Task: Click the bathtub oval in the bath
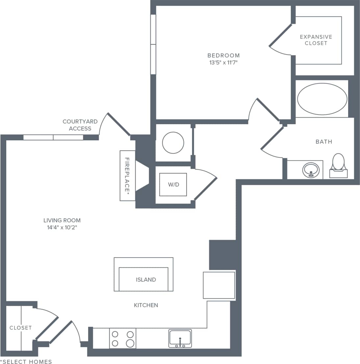(322, 98)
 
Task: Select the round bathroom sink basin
(311, 170)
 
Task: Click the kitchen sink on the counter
(180, 338)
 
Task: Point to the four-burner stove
(123, 338)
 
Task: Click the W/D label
(173, 184)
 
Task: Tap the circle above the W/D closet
(173, 143)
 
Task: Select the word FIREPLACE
(127, 175)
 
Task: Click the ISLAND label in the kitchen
(146, 280)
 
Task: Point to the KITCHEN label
(146, 305)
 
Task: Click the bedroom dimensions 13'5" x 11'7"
(223, 62)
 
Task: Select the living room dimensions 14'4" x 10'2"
(62, 227)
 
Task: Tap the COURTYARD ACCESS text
(80, 125)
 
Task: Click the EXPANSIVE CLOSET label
(316, 40)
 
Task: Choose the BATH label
(324, 142)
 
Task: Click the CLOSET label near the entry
(20, 328)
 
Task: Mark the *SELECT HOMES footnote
(26, 362)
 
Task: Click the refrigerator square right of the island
(219, 285)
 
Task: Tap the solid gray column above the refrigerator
(222, 255)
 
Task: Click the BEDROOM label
(223, 55)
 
